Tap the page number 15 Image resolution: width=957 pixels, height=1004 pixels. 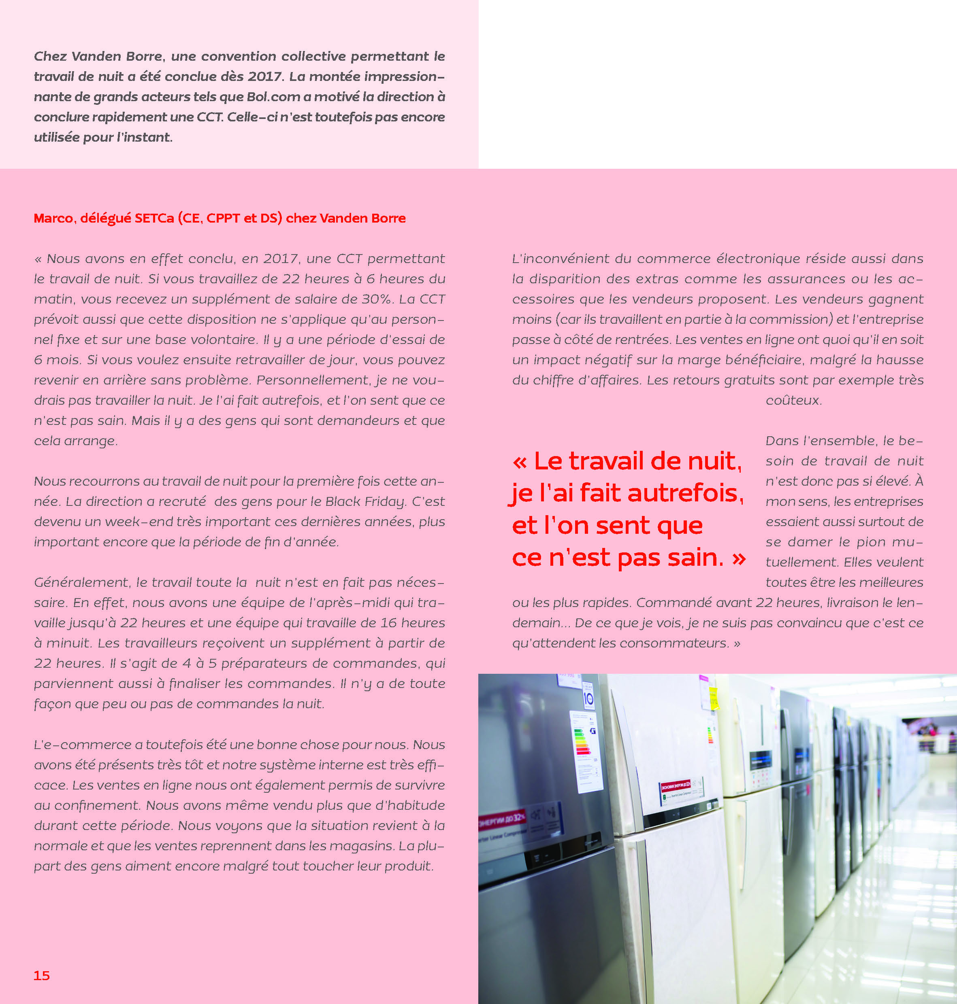(x=42, y=975)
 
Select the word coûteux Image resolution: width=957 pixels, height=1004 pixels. (x=793, y=401)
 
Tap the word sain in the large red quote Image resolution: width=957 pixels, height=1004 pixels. (x=696, y=558)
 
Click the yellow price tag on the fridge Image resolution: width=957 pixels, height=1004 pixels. (x=714, y=702)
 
